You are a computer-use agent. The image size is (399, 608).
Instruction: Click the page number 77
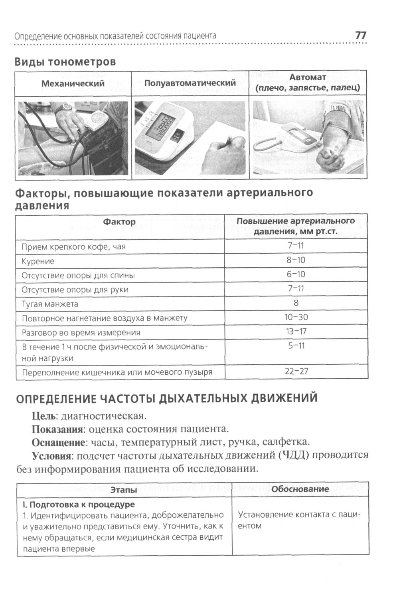pos(360,35)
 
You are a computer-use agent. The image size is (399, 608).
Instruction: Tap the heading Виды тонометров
pos(65,62)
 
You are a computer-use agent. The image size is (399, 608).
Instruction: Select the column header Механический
pos(73,83)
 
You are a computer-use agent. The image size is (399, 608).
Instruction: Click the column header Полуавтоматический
pos(190,83)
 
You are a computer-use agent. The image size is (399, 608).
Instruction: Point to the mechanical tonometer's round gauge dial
pos(97,118)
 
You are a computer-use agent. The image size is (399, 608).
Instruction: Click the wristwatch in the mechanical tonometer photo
pos(64,107)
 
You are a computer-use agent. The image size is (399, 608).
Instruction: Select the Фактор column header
pos(119,222)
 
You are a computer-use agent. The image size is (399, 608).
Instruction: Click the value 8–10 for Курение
pos(296,260)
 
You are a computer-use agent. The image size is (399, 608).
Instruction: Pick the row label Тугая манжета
pos(50,304)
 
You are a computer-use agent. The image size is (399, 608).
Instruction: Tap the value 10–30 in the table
pos(296,318)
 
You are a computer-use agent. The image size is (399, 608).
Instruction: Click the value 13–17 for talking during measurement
pos(296,332)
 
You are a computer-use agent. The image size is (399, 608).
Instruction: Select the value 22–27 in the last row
pos(296,372)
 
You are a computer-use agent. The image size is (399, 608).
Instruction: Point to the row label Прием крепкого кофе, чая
pos(73,247)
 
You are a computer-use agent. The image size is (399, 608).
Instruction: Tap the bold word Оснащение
pos(58,442)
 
